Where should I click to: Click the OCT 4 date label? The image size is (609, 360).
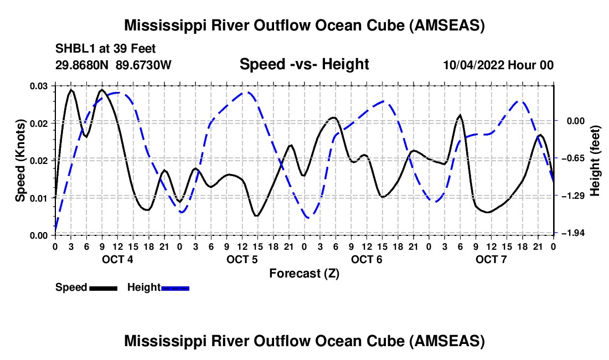pos(117,259)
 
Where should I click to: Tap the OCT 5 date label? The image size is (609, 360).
pos(242,259)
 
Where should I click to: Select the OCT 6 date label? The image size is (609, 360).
pos(367,259)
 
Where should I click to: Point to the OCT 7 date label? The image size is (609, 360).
pos(491,259)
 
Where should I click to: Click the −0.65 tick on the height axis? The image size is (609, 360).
pos(574,158)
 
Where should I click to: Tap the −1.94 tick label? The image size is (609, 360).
pos(574,233)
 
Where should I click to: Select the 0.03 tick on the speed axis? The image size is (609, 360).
pos(39,86)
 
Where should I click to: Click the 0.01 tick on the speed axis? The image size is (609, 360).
pos(39,198)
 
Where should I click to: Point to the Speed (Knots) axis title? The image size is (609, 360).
pos(20,161)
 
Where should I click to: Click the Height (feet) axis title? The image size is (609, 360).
pos(595,161)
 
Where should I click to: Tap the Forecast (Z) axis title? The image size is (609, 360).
pos(304,274)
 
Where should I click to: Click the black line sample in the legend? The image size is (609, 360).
pos(104,289)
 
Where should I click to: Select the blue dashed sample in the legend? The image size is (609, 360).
pos(175,289)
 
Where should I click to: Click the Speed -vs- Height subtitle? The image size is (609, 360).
pos(304,64)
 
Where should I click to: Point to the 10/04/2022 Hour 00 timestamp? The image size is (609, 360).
pos(498,65)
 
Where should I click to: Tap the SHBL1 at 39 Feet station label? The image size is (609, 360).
pos(105,49)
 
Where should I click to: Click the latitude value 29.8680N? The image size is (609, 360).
pos(82,65)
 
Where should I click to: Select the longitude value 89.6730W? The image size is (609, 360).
pos(143,65)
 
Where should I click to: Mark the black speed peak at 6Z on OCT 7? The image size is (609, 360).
pos(460,115)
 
